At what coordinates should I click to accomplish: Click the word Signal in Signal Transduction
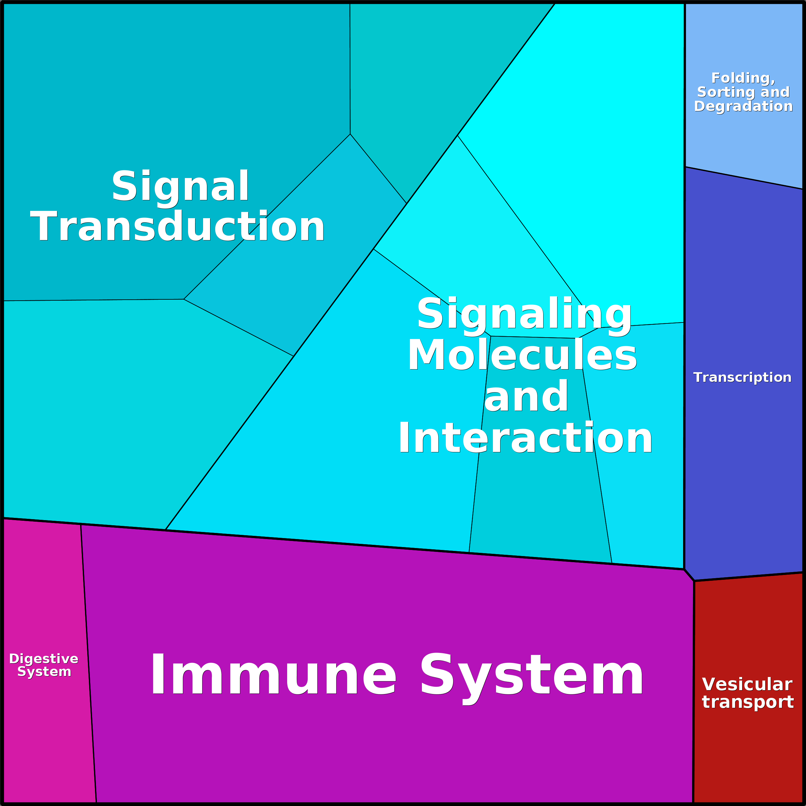click(x=180, y=186)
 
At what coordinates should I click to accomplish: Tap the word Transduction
click(x=177, y=227)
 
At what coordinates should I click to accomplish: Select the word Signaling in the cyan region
click(x=524, y=314)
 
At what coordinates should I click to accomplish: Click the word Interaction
click(x=525, y=438)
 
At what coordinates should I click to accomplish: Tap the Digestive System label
click(x=44, y=665)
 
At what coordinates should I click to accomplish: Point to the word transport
click(x=748, y=702)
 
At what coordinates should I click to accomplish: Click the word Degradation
click(x=743, y=107)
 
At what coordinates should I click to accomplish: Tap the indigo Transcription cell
click(x=742, y=459)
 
